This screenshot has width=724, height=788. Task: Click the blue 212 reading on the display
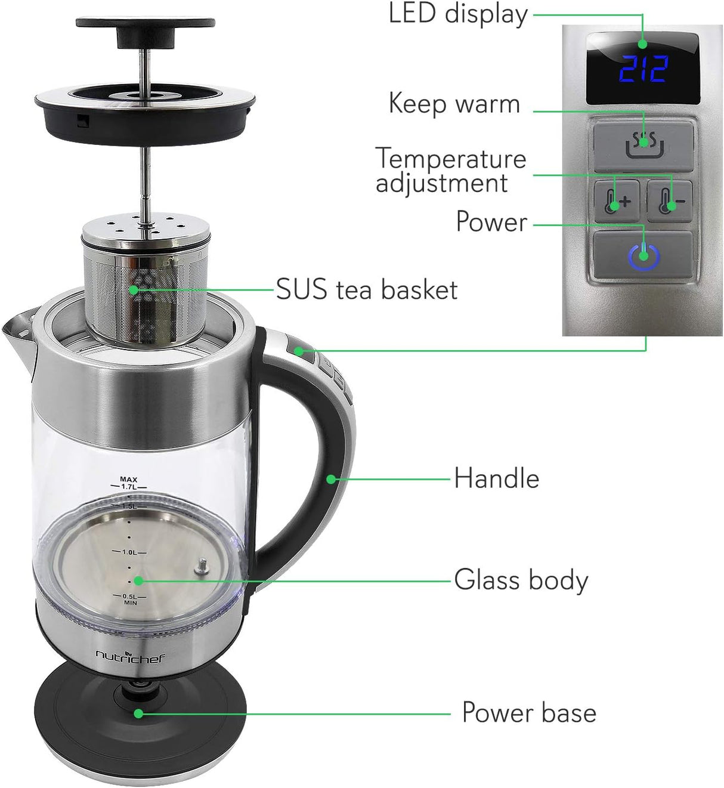tap(643, 69)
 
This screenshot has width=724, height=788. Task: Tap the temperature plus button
tap(617, 201)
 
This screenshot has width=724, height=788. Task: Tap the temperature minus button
tap(670, 201)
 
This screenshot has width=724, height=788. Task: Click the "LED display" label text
tap(458, 14)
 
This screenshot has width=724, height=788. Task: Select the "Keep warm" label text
tap(454, 104)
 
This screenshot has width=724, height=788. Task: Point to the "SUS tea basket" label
tap(366, 290)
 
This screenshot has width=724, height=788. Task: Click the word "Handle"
tap(496, 478)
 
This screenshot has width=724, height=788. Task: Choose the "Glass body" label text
tap(521, 580)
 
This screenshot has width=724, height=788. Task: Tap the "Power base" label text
tap(529, 713)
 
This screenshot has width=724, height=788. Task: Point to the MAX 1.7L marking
tap(129, 483)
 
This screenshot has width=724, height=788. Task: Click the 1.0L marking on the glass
tap(129, 552)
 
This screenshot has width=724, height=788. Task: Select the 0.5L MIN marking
tap(130, 599)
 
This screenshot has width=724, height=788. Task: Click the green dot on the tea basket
tap(134, 290)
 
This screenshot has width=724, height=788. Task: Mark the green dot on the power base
tap(138, 713)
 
